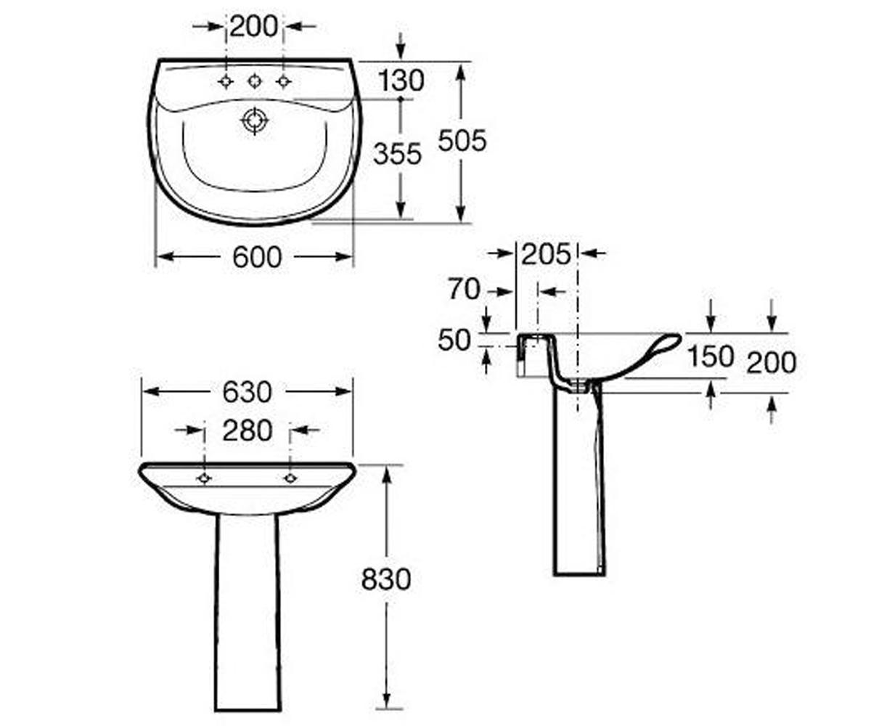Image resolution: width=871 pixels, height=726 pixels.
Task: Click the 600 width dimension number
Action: point(257,257)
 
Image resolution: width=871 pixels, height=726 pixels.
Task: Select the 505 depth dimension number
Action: point(462,140)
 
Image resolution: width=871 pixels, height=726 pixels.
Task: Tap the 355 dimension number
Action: point(398,153)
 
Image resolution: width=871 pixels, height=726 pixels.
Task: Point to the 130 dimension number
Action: point(401,81)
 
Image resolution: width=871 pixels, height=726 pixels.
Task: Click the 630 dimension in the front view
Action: point(248,392)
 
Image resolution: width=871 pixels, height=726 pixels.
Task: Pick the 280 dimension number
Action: point(248,431)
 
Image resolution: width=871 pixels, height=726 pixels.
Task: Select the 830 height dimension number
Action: point(386,579)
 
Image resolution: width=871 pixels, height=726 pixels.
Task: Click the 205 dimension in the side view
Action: point(546,253)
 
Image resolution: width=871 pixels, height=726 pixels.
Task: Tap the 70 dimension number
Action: point(465,289)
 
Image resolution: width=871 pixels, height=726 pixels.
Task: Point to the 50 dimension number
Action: point(454,340)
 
